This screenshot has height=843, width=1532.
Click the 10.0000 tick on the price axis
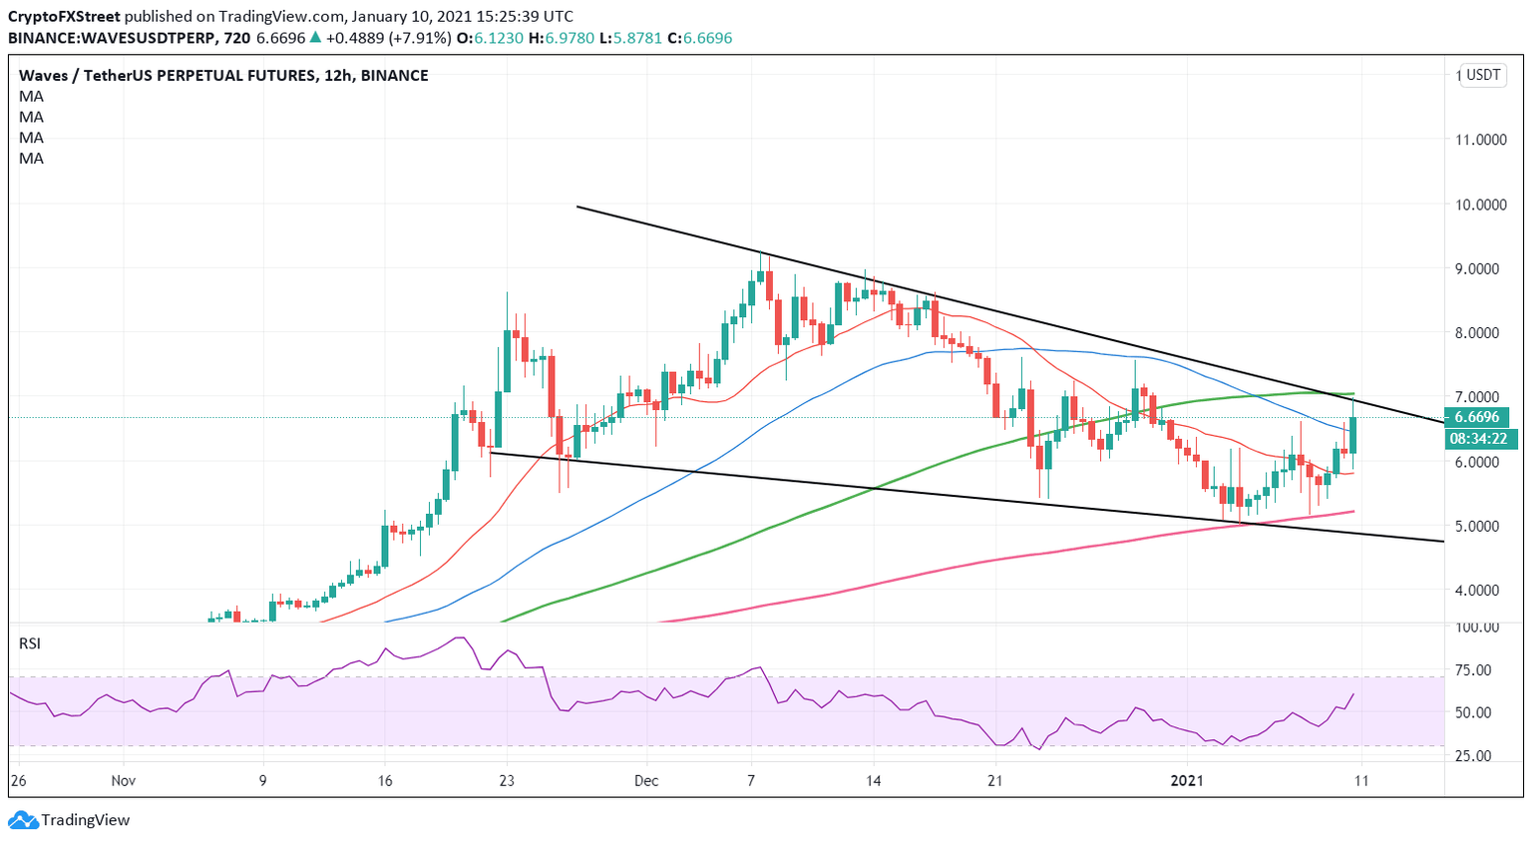point(1480,205)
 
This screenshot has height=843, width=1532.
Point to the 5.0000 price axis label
point(1480,526)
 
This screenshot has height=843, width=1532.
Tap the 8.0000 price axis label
point(1480,333)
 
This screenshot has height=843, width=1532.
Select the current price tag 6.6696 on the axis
point(1480,418)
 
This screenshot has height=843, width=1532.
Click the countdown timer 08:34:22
point(1480,438)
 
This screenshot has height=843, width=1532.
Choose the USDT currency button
point(1483,75)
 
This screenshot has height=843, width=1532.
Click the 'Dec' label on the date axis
point(645,781)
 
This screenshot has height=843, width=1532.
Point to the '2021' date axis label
point(1187,781)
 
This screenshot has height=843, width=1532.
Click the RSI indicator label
point(30,643)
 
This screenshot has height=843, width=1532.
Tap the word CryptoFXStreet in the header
point(65,17)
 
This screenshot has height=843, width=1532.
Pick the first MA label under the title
point(31,97)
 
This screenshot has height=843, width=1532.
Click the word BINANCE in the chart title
point(394,76)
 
